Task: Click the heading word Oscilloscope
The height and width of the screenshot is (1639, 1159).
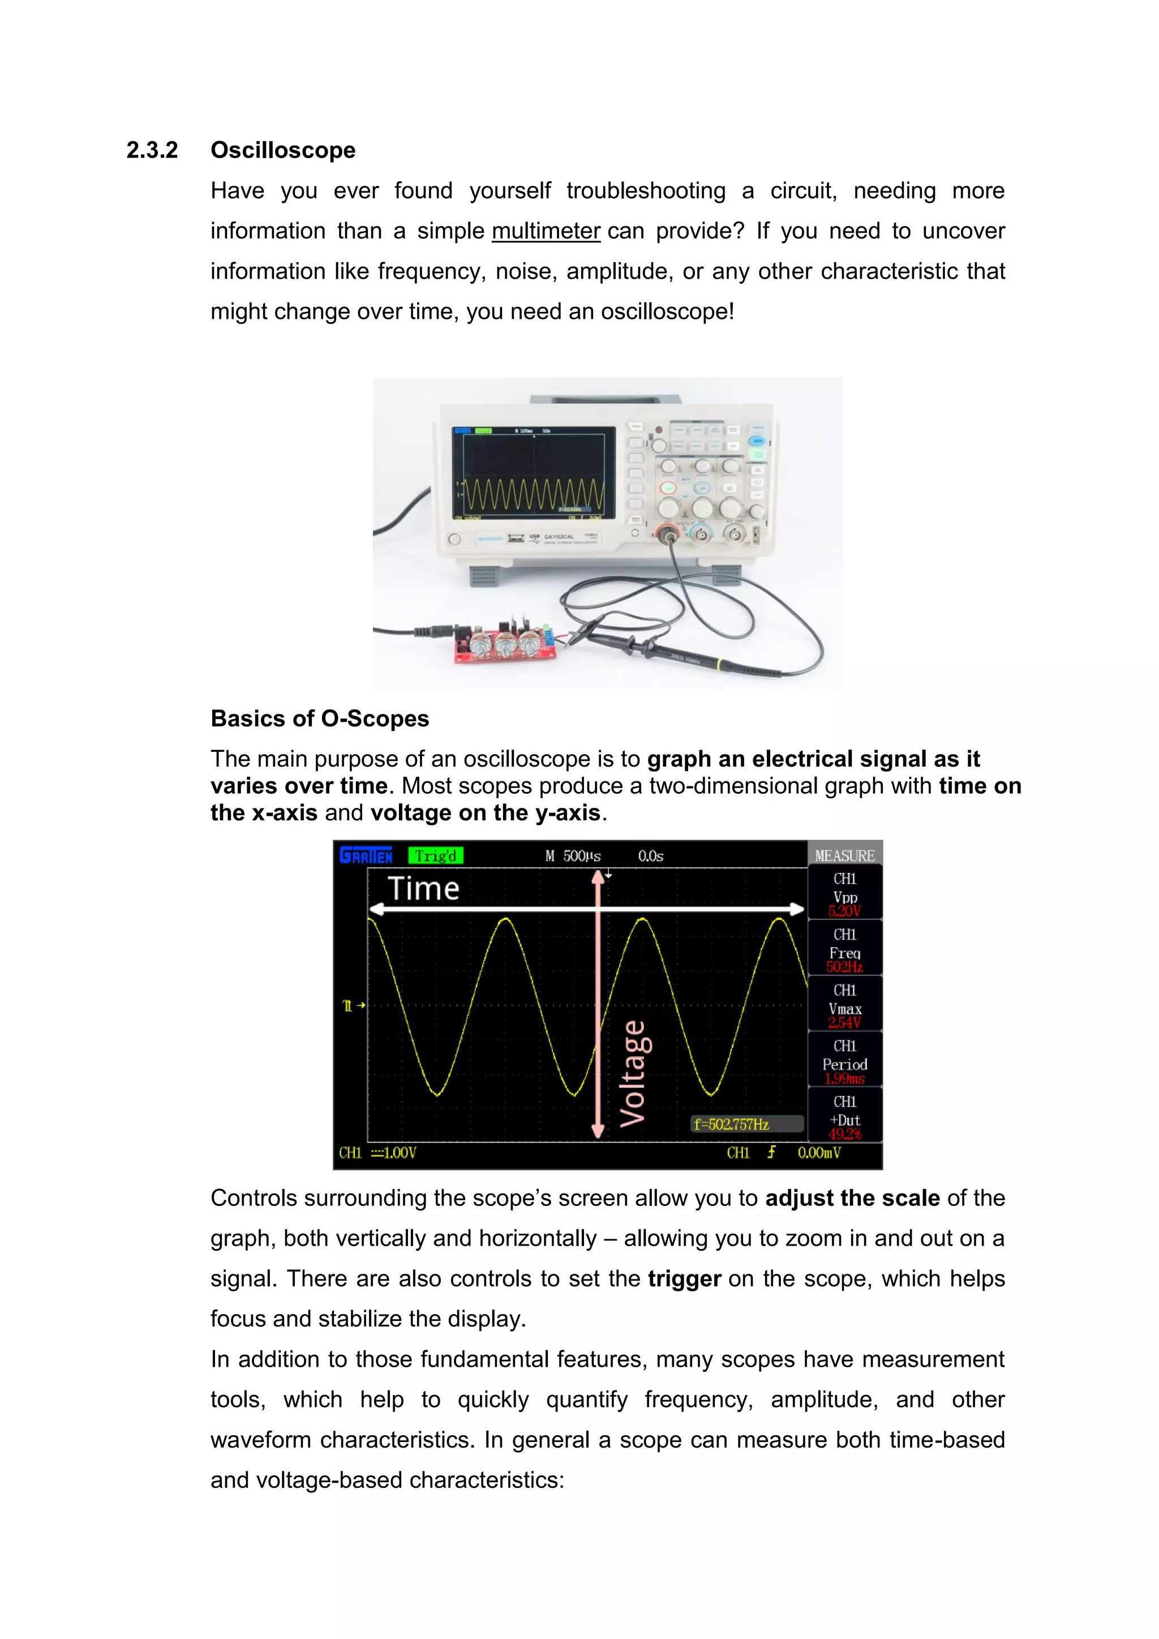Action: point(282,151)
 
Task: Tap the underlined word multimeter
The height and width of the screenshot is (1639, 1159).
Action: point(546,232)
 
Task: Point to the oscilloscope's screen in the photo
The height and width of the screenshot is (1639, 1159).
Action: point(533,473)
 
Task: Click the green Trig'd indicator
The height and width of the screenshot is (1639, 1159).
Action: point(435,855)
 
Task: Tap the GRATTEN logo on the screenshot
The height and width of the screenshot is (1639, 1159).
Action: point(366,855)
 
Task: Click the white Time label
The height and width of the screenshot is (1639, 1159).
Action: point(423,889)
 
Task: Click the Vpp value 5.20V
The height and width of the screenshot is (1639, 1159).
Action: point(844,911)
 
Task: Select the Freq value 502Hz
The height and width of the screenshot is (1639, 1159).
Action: point(844,968)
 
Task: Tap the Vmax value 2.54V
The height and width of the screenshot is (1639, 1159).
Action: point(844,1023)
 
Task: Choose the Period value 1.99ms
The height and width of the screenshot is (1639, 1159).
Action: point(844,1079)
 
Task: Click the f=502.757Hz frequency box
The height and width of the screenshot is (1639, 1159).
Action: point(732,1124)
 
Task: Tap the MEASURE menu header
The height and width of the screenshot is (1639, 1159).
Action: point(844,855)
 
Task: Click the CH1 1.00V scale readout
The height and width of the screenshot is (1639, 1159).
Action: point(377,1153)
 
